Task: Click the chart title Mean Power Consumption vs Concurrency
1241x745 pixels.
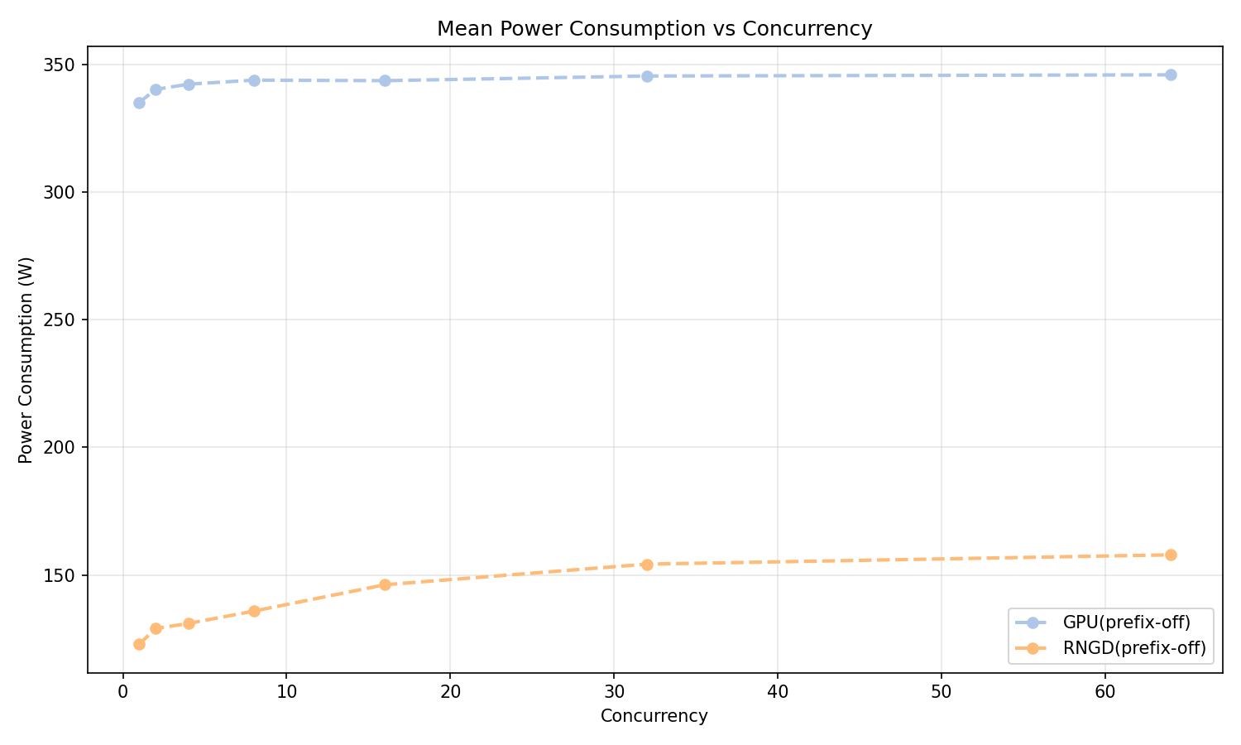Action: click(x=654, y=29)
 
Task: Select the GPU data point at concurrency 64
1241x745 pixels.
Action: click(x=1171, y=74)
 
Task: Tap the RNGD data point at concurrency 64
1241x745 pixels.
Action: click(x=1171, y=555)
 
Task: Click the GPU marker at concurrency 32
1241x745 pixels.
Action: click(x=647, y=76)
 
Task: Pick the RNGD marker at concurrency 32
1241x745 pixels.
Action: click(x=647, y=565)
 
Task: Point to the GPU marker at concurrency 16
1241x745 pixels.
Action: click(x=385, y=80)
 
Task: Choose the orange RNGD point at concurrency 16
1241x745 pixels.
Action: click(x=385, y=584)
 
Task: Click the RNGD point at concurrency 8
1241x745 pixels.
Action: click(x=254, y=611)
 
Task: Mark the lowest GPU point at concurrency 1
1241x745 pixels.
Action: click(x=139, y=103)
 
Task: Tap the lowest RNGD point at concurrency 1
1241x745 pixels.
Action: click(x=139, y=644)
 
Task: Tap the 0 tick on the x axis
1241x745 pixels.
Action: click(x=122, y=690)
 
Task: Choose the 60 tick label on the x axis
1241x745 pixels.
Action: click(x=1104, y=690)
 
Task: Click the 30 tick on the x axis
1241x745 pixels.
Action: click(x=614, y=690)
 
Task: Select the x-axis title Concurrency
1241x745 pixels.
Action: click(x=654, y=716)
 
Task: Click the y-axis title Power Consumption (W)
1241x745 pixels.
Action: click(x=26, y=358)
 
